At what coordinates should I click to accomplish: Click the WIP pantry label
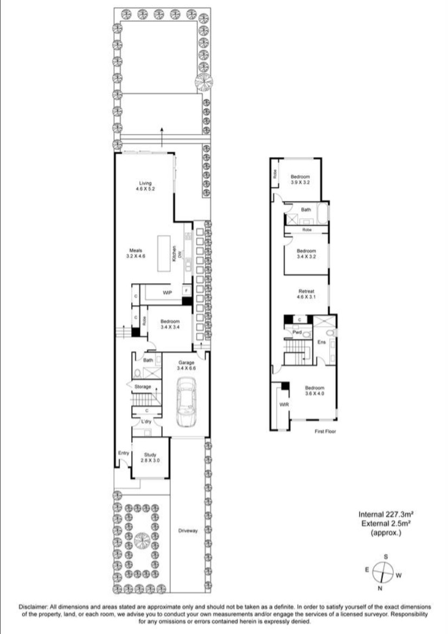coord(168,293)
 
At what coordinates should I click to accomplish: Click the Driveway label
coord(187,530)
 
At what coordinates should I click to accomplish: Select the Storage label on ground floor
coord(143,386)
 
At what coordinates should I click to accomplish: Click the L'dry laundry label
coord(146,421)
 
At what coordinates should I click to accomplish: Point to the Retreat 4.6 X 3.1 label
coord(306,294)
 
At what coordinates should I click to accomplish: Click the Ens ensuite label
coord(321,343)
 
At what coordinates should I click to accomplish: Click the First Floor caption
coord(325,432)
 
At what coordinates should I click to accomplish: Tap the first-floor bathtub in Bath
coord(322,214)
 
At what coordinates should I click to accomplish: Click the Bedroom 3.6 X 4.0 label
coord(314,391)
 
